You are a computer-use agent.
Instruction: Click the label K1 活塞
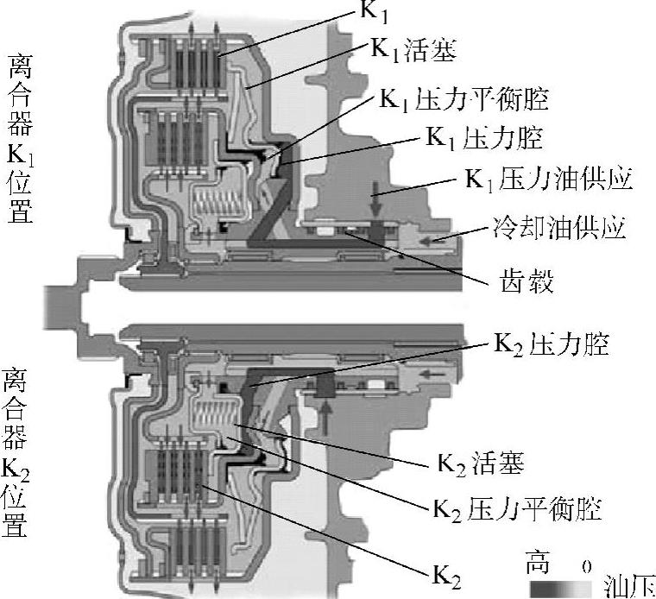pos(413,50)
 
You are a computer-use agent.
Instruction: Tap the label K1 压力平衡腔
pos(464,99)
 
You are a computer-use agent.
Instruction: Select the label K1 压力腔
pos(484,137)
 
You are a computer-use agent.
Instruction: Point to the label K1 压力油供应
pos(548,180)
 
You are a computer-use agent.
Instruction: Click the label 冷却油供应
pos(559,228)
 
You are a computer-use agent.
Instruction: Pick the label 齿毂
pos(527,280)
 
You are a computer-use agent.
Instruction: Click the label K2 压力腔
pos(551,344)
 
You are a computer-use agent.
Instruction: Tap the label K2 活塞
pos(480,463)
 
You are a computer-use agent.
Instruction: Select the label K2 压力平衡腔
pos(517,509)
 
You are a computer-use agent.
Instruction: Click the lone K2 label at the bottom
pos(446,576)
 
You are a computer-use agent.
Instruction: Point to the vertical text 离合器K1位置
pos(20,138)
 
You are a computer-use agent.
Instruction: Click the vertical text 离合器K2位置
pos(15,451)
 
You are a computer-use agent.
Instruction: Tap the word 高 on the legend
pos(537,563)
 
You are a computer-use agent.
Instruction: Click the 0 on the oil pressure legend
pos(587,567)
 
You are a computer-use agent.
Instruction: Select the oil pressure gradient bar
pos(560,590)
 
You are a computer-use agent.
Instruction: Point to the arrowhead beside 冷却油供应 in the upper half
pos(432,241)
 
